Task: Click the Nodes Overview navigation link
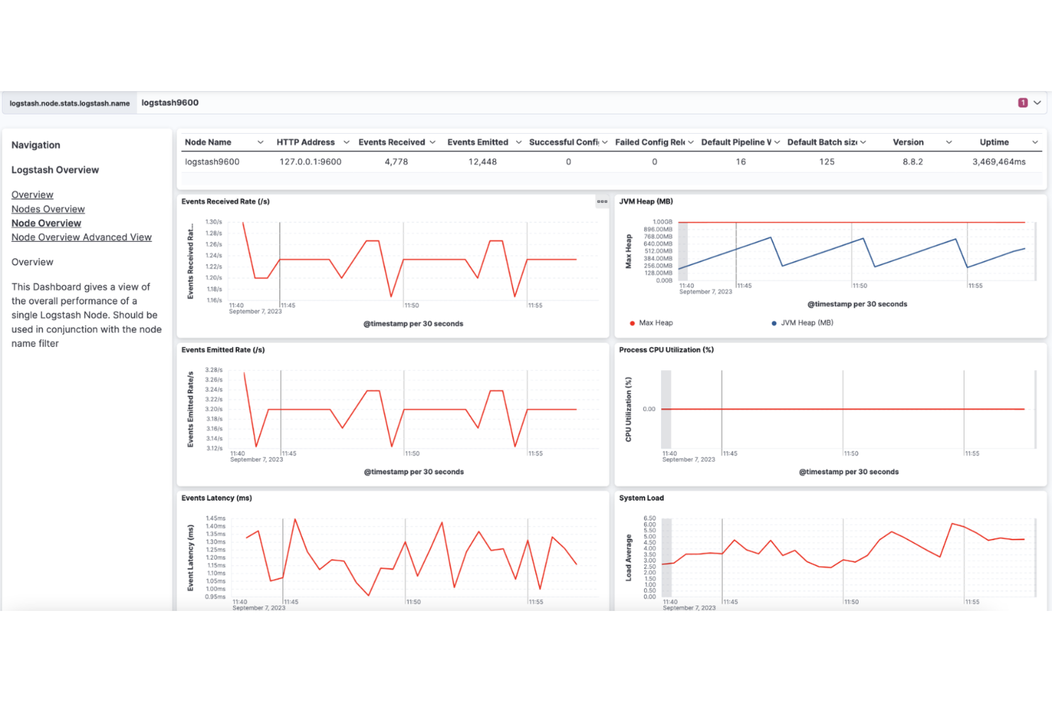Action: tap(48, 209)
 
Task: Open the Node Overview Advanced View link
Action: tap(81, 238)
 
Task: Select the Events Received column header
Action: tap(392, 142)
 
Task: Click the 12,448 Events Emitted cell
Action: tap(482, 162)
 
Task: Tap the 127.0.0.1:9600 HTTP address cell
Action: tap(310, 162)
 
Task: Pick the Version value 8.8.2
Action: tap(913, 162)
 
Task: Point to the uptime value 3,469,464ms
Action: tap(999, 162)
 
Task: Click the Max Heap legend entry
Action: tap(655, 323)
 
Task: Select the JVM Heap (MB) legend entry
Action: tap(806, 323)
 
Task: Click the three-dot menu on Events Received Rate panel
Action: tap(602, 202)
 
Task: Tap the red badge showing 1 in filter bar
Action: tap(1023, 103)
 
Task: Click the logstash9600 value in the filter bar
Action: tap(170, 103)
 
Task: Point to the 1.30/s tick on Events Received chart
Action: tap(213, 222)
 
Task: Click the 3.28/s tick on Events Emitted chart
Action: tap(213, 370)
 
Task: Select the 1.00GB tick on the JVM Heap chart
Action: tap(662, 222)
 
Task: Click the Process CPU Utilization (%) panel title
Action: tap(666, 350)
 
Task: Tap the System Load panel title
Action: tap(641, 499)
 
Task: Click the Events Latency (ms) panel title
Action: tap(216, 499)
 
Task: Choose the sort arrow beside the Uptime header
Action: tap(1035, 142)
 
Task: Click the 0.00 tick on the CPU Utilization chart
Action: tap(649, 409)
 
